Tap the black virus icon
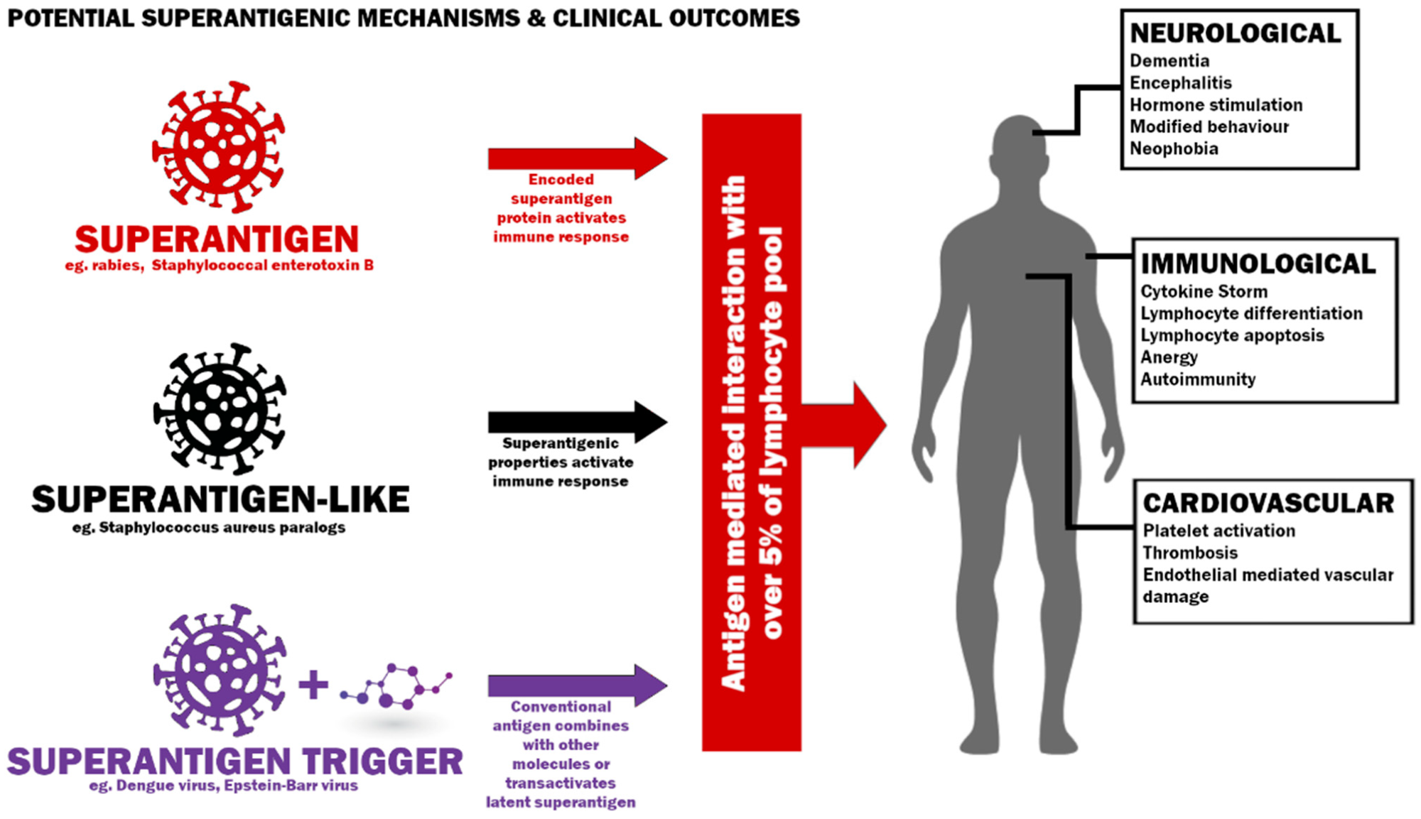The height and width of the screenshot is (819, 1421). click(x=220, y=408)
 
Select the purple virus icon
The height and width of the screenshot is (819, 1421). click(x=220, y=670)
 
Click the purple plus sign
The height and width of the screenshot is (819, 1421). click(x=313, y=685)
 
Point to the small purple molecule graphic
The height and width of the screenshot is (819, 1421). click(x=396, y=688)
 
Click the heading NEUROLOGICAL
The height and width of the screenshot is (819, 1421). click(x=1235, y=33)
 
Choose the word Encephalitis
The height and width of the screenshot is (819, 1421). click(x=1180, y=83)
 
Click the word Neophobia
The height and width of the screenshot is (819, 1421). click(x=1174, y=149)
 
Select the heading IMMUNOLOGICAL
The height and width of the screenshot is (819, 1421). click(x=1258, y=264)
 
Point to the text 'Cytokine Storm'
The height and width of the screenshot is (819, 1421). click(x=1204, y=292)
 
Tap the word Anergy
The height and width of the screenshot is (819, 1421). click(x=1169, y=357)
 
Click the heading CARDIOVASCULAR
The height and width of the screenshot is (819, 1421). click(x=1268, y=503)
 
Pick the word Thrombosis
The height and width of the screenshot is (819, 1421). click(x=1189, y=553)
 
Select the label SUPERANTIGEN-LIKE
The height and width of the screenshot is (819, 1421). click(x=220, y=499)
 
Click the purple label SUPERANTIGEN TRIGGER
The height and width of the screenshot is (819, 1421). click(x=234, y=761)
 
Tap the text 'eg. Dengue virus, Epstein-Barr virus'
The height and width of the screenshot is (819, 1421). click(x=223, y=786)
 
